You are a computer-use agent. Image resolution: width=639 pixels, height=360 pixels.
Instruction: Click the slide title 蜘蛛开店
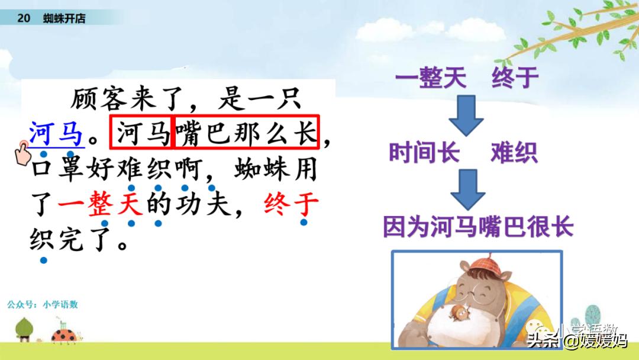pos(64,18)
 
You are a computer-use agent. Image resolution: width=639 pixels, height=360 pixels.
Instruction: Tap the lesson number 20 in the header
pos(24,18)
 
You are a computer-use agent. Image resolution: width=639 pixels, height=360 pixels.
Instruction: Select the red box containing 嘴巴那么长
pos(246,132)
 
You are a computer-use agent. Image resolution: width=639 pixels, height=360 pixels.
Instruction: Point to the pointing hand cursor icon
pos(22,153)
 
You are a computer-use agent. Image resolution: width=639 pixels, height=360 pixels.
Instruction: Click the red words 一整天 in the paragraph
pos(100,204)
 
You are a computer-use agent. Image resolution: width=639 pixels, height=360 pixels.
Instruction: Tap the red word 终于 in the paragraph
pos(291,203)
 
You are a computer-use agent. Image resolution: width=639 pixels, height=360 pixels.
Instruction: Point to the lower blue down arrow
pos(467,189)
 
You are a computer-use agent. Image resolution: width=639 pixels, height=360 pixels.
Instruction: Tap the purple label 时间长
pos(424,153)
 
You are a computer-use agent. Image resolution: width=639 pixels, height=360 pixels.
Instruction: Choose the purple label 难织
pos(514,153)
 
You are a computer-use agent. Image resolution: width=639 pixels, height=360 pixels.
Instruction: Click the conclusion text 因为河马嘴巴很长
pos(478,227)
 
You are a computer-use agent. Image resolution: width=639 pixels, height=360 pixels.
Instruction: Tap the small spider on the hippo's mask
pos(460,313)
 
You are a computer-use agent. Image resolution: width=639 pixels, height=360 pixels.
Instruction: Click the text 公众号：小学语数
pos(43,304)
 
